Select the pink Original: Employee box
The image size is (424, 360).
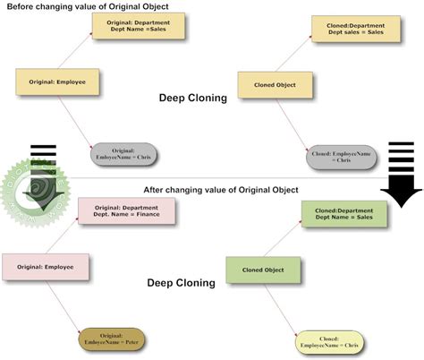pos(45,267)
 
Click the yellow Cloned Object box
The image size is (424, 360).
pos(276,86)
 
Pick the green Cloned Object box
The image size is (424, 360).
pos(261,270)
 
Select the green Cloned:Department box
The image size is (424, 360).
pos(343,214)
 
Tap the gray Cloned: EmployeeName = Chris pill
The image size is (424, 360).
pos(341,157)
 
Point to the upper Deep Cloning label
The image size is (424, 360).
pos(193,99)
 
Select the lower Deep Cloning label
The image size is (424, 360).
pos(182,283)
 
